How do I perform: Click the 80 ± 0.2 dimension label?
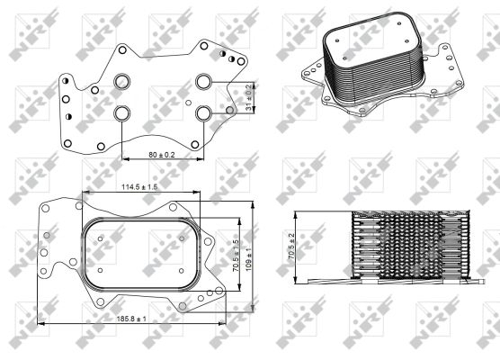[x=161, y=155]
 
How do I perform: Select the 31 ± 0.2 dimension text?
[x=249, y=97]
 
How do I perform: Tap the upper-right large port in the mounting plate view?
[x=204, y=83]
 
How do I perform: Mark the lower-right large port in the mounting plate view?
[x=204, y=113]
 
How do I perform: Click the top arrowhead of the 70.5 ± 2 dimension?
[x=297, y=214]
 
